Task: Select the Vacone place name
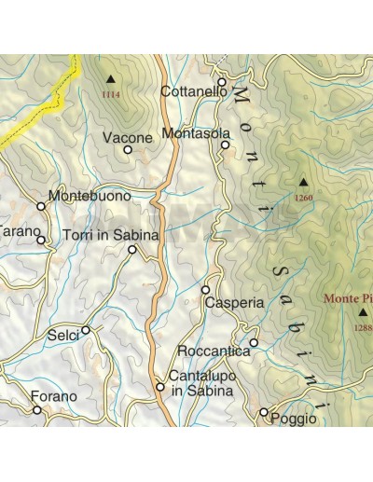point(126,138)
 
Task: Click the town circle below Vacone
point(128,149)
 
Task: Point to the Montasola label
point(195,133)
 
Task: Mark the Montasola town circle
point(226,145)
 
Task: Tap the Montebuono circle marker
point(41,206)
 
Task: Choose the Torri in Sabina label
point(110,236)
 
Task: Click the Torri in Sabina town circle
point(131,250)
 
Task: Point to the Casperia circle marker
point(206,290)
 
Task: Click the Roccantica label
point(213,351)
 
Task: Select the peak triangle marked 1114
point(112,81)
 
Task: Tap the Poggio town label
point(293,420)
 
